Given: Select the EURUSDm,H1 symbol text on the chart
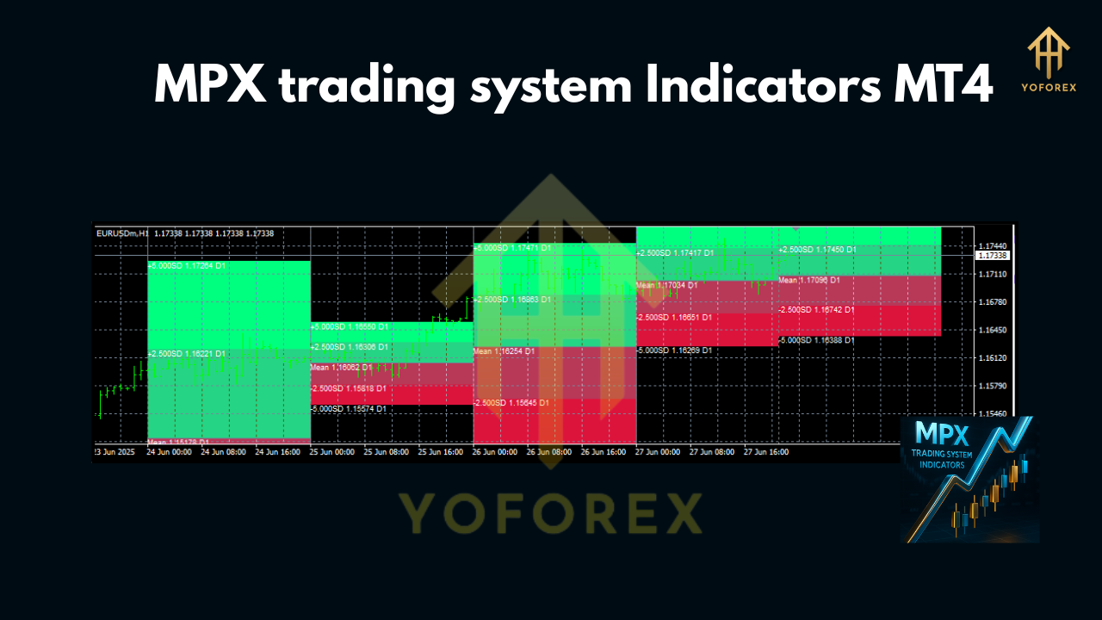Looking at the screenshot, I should (x=123, y=233).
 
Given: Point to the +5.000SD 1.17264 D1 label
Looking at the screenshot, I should (x=187, y=266).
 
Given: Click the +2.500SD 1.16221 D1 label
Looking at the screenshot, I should (x=187, y=354).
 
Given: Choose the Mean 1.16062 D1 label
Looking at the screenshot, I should (x=341, y=368).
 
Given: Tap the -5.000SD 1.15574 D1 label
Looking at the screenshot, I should (x=349, y=409).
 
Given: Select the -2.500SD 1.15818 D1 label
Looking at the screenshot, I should (x=349, y=388).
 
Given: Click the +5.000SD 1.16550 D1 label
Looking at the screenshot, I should (x=349, y=327).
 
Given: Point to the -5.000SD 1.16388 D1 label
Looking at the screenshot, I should (x=816, y=341).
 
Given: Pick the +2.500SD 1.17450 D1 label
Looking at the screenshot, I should (x=817, y=250).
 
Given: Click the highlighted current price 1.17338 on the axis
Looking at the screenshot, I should (x=993, y=256).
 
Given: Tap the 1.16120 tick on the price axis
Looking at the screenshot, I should (x=993, y=357).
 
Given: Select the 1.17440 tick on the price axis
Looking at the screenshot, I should (x=993, y=245).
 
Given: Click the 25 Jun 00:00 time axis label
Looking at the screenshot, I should (x=332, y=451).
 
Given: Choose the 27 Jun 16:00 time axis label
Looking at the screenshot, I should (x=766, y=451).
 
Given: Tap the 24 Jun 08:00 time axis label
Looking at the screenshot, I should (x=223, y=451).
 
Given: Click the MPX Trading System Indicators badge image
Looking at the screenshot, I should (x=969, y=480).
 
